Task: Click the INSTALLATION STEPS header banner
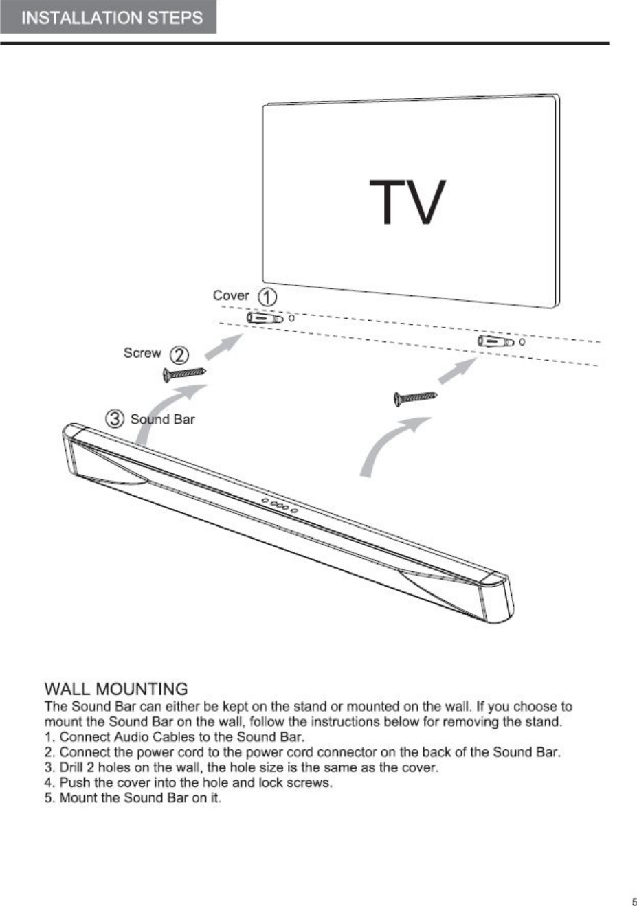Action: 109,18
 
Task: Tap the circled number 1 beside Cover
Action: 267,297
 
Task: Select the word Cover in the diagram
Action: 231,295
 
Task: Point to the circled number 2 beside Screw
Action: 179,355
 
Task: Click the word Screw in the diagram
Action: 142,353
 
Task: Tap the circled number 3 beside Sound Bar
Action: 115,418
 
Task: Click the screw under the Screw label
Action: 184,374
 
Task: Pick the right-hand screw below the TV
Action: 415,398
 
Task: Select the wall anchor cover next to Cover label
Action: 266,319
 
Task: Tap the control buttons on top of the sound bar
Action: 279,506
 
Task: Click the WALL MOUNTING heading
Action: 115,689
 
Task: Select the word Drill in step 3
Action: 72,767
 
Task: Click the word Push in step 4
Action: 73,782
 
